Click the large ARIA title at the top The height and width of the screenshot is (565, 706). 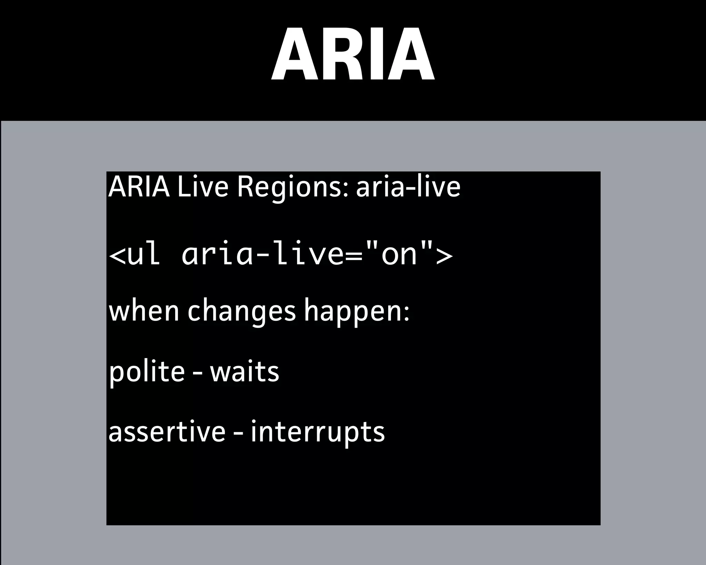(353, 54)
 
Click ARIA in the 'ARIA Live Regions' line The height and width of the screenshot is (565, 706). (139, 187)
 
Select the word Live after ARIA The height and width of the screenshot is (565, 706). (203, 187)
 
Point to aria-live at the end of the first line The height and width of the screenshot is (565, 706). (408, 187)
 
